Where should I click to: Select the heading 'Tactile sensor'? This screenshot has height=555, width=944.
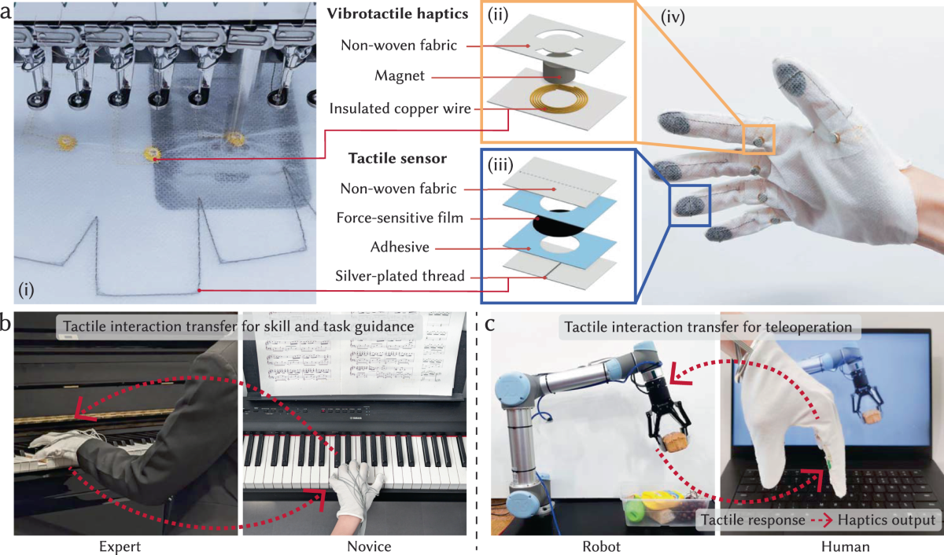point(397,159)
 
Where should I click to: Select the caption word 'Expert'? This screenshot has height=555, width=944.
point(120,545)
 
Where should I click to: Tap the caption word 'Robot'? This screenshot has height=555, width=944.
point(600,545)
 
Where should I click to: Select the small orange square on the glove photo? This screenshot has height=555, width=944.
point(760,139)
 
